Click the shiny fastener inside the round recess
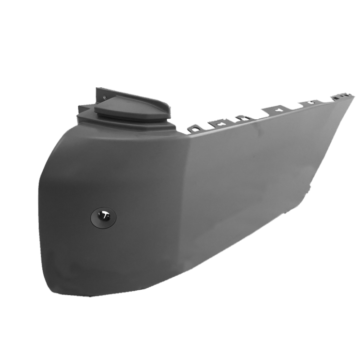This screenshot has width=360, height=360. tap(104, 216)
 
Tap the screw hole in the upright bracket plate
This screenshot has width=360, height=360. tap(104, 97)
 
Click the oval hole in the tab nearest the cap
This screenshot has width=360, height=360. tap(195, 129)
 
